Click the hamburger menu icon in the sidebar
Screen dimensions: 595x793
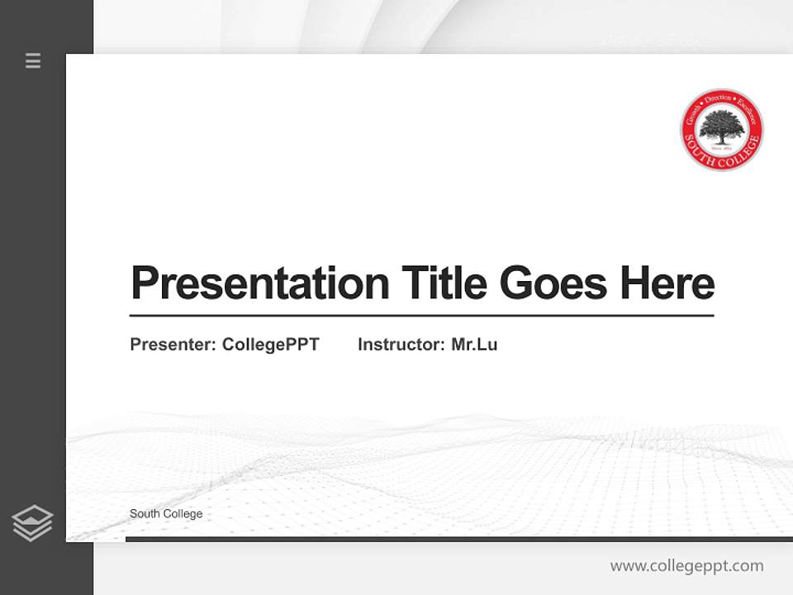pyautogui.click(x=33, y=60)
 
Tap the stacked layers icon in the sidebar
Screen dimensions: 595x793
pyautogui.click(x=32, y=523)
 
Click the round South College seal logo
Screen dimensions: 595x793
pyautogui.click(x=721, y=130)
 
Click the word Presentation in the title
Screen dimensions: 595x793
pyautogui.click(x=260, y=283)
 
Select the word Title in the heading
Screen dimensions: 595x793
pyautogui.click(x=444, y=283)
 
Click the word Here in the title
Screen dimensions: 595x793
pyautogui.click(x=667, y=283)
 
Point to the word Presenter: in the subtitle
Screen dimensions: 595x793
pyautogui.click(x=173, y=345)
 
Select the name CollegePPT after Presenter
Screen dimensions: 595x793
pyautogui.click(x=270, y=345)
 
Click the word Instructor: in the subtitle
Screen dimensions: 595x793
pyautogui.click(x=401, y=345)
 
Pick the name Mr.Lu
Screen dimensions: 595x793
pyautogui.click(x=474, y=345)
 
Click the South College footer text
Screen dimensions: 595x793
pyautogui.click(x=166, y=514)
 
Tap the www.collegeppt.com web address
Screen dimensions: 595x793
pyautogui.click(x=686, y=566)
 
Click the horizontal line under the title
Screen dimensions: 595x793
pyautogui.click(x=421, y=316)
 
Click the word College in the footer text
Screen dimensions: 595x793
pyautogui.click(x=183, y=514)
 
